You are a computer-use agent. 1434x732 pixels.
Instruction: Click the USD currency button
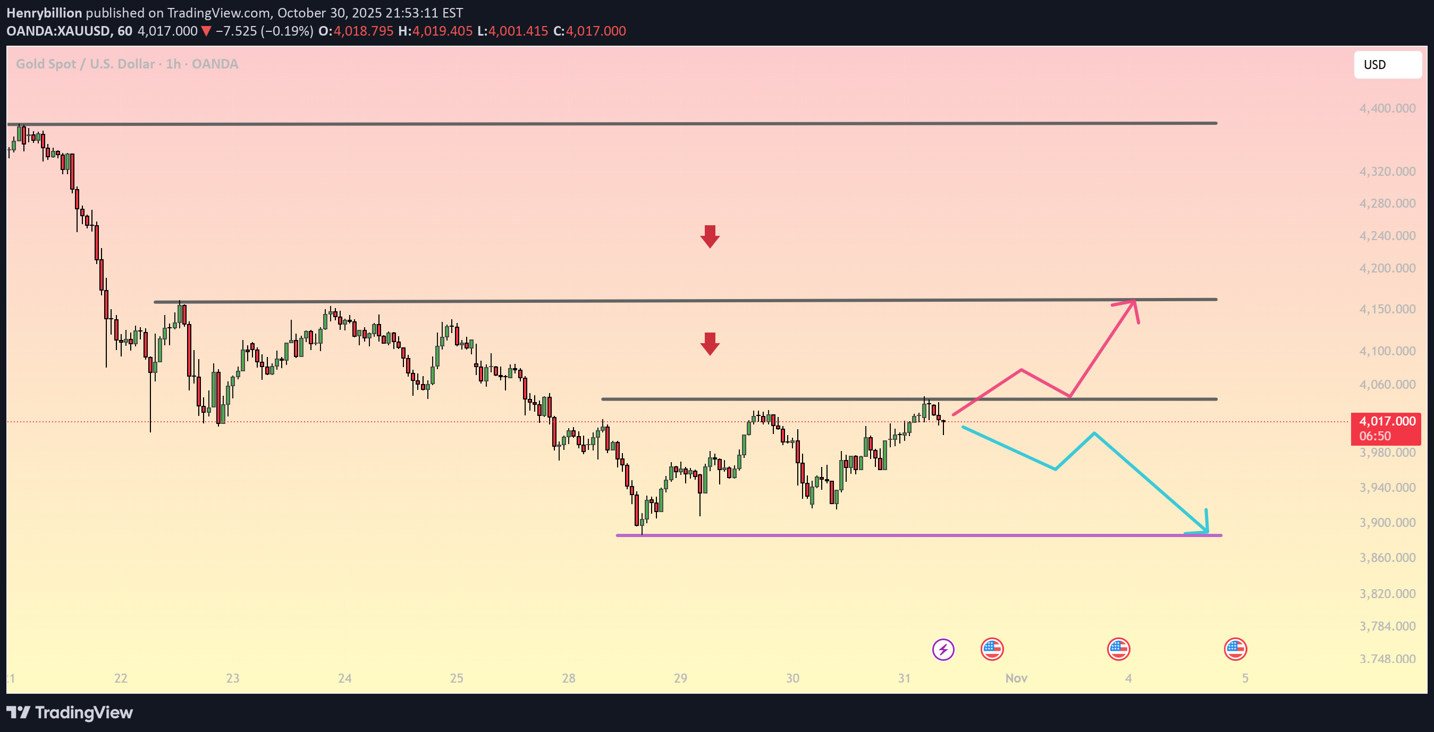[x=1387, y=64]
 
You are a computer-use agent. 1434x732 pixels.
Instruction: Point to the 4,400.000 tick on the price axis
[x=1387, y=108]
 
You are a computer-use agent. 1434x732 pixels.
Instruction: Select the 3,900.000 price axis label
[x=1387, y=522]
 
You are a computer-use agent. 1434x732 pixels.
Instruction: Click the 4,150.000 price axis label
[x=1387, y=309]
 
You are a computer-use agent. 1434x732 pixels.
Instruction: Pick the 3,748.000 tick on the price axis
[x=1387, y=659]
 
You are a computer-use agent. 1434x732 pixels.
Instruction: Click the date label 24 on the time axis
[x=344, y=678]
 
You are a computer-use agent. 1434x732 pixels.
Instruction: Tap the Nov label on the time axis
[x=1016, y=678]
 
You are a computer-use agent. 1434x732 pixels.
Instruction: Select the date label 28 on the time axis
[x=568, y=678]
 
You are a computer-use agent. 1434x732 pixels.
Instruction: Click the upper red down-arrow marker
[x=710, y=236]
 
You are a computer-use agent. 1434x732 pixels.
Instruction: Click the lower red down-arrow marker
[x=710, y=344]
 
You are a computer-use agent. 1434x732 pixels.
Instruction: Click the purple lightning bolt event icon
[x=943, y=649]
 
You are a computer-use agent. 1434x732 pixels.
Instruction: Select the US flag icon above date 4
[x=1118, y=649]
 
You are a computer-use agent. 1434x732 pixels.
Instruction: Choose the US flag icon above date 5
[x=1235, y=649]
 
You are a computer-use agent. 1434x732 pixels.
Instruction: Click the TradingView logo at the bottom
[x=70, y=712]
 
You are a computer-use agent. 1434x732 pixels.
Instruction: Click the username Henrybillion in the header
[x=44, y=13]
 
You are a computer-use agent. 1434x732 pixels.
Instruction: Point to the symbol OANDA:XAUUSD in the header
[x=58, y=31]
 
